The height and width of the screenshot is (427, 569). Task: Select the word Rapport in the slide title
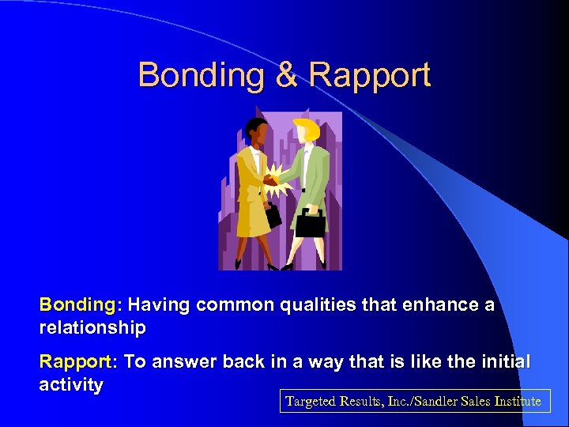point(370,75)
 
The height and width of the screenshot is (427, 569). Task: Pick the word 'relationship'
point(92,327)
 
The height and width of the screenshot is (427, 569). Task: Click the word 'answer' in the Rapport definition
point(184,362)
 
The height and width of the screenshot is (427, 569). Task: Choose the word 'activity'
point(71,385)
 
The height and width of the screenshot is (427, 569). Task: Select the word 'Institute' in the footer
point(517,401)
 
